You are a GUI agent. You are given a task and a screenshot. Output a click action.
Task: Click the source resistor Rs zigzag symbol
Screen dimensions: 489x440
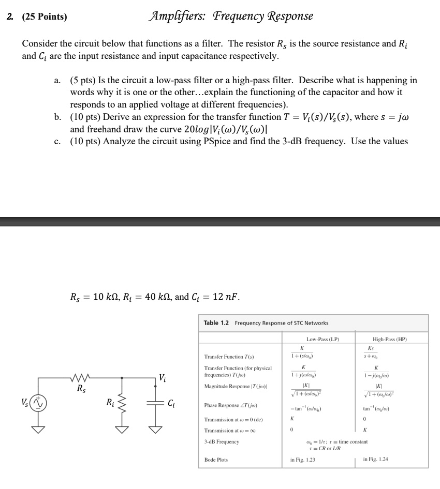(x=81, y=379)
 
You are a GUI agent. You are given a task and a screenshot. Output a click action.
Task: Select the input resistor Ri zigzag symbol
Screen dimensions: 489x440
(x=122, y=402)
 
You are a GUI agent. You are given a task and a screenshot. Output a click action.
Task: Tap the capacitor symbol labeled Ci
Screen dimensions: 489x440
(x=156, y=402)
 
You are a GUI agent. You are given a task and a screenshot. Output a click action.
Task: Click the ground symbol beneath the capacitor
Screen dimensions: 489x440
(x=156, y=427)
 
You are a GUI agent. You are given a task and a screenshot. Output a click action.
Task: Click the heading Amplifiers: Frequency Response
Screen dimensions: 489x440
(x=230, y=16)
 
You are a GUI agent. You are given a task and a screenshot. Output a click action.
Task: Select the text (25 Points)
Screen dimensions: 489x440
(x=44, y=17)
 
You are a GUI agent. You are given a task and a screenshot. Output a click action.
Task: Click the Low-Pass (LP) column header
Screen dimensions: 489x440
(x=322, y=339)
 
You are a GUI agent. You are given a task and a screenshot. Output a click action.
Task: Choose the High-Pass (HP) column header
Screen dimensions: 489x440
(x=390, y=339)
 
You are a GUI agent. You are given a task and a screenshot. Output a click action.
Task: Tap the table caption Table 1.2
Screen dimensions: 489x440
(x=218, y=323)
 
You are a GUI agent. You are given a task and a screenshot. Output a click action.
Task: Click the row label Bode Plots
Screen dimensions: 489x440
(x=216, y=459)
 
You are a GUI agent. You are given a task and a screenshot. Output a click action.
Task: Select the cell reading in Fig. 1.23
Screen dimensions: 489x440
(x=303, y=459)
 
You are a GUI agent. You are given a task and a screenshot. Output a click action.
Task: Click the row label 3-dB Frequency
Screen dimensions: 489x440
(x=222, y=441)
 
